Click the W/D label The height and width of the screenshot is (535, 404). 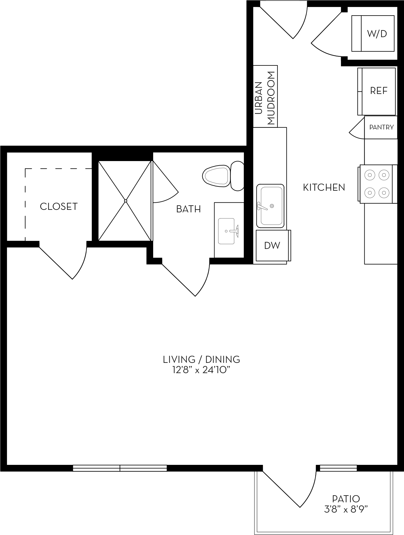(x=377, y=34)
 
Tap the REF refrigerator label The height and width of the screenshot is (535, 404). (x=379, y=91)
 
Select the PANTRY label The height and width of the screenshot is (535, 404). (x=381, y=127)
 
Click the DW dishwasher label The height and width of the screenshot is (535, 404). (x=272, y=245)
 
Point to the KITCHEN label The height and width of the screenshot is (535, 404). (x=324, y=187)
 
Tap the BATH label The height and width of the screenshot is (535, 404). (x=188, y=209)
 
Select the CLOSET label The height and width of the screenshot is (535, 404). (x=59, y=207)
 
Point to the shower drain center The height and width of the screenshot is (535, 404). (x=126, y=201)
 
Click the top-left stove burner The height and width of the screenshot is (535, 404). (x=370, y=175)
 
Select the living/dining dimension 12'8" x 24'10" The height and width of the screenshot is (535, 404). (x=202, y=370)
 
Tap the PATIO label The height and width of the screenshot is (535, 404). (x=346, y=499)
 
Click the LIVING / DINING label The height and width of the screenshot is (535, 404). (x=201, y=360)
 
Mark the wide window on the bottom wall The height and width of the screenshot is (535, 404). (x=120, y=468)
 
